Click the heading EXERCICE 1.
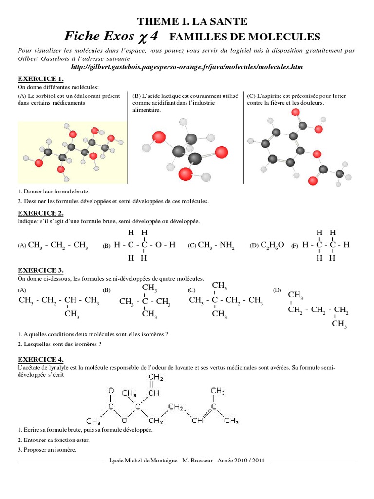[41, 79]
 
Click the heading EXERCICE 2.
[41, 213]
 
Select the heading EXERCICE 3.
[41, 270]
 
